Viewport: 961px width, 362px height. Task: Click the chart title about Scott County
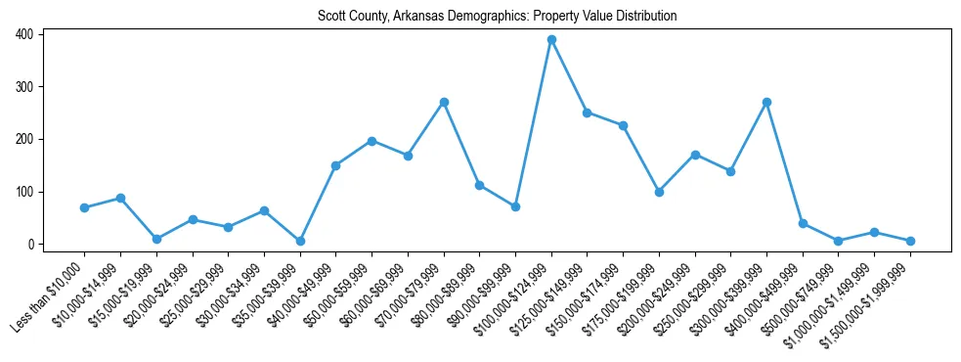(x=497, y=17)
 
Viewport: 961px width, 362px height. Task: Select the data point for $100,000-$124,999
(x=551, y=40)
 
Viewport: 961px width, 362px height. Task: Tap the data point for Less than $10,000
(x=84, y=207)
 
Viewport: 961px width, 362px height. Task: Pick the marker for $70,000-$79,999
(x=444, y=102)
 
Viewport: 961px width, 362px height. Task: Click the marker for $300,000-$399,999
(x=766, y=102)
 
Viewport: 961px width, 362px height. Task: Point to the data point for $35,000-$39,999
(x=300, y=241)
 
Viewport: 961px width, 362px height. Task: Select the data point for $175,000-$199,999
(x=659, y=192)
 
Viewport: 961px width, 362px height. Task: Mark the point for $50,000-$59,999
(x=371, y=141)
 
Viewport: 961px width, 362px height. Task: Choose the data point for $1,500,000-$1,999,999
(x=910, y=241)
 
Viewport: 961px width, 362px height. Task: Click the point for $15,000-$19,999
(x=156, y=239)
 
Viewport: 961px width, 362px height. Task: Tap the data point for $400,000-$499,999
(x=803, y=223)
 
